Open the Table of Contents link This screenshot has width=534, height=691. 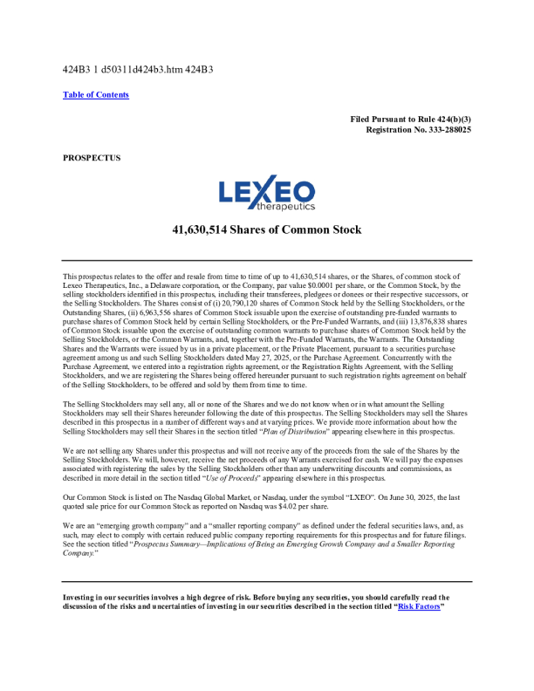point(96,95)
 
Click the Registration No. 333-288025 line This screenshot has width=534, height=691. point(419,129)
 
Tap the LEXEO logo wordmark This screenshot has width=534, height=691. point(266,191)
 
